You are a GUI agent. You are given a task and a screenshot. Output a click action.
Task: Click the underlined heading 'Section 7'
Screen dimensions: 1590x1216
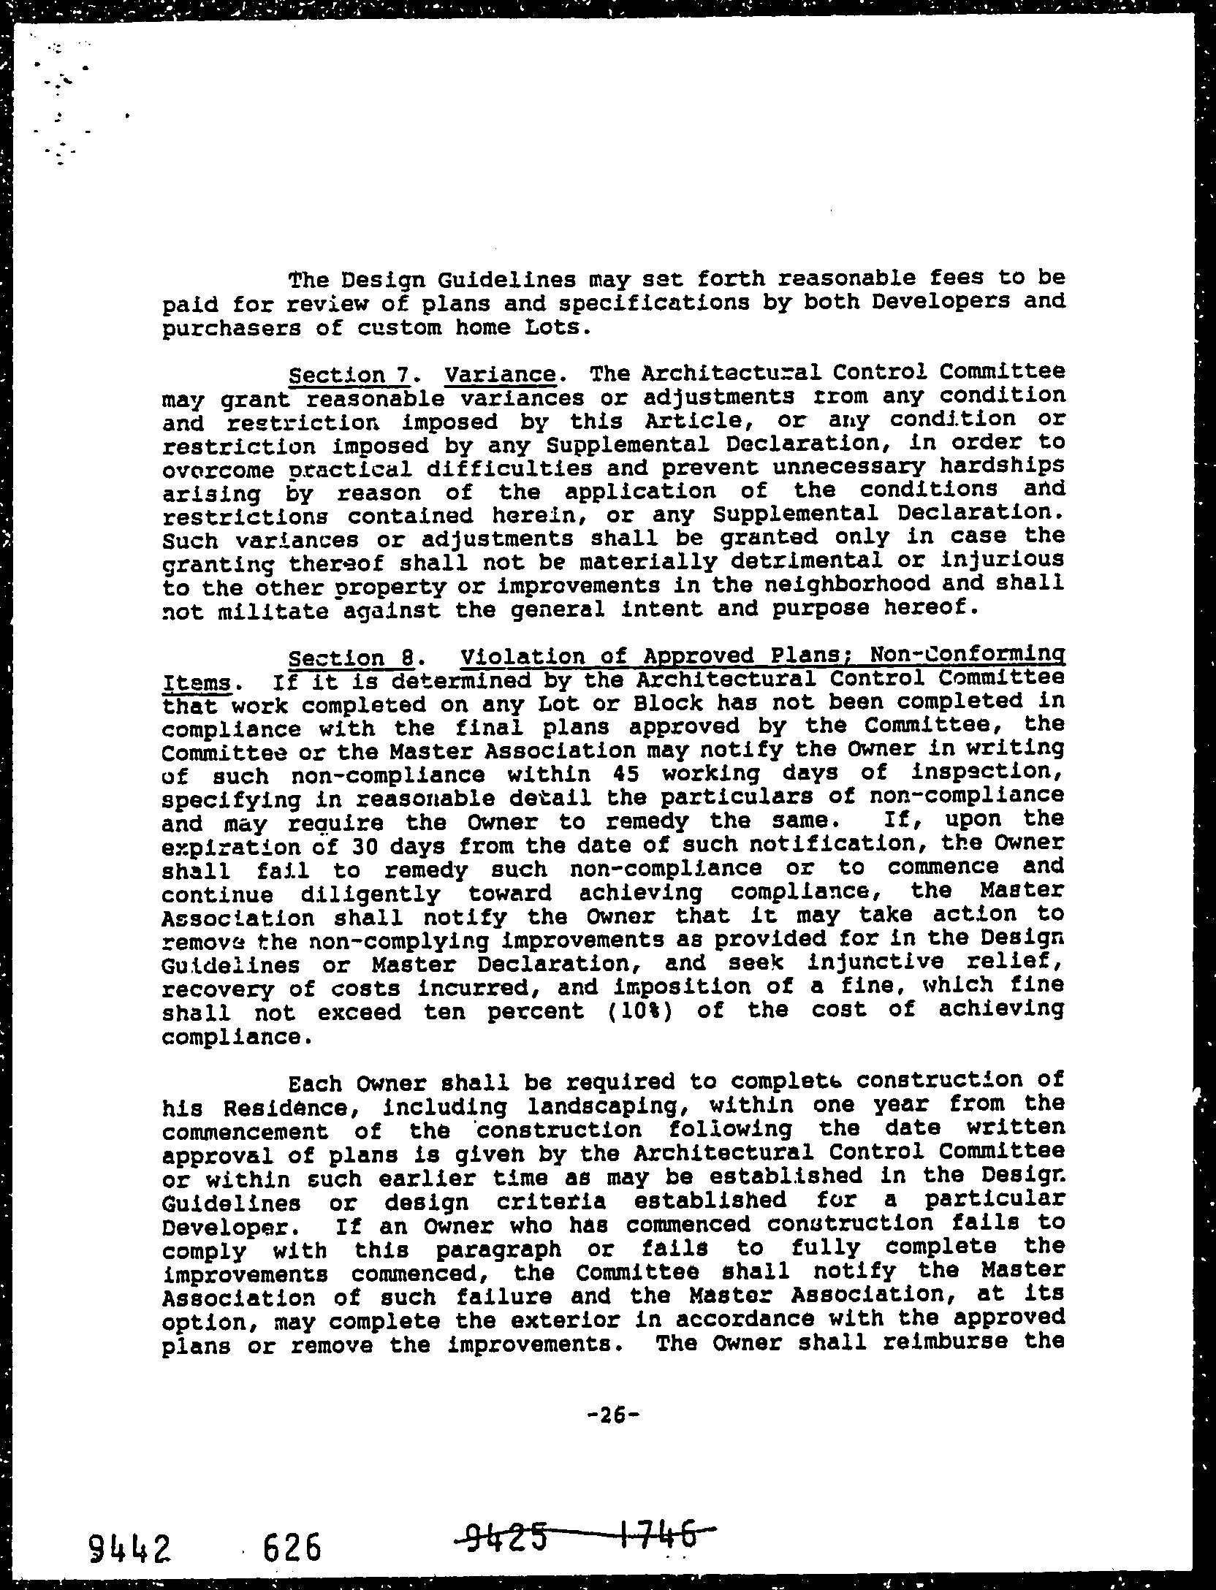pyautogui.click(x=347, y=376)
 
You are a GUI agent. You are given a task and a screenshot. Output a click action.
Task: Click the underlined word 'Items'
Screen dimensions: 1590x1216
pyautogui.click(x=195, y=683)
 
